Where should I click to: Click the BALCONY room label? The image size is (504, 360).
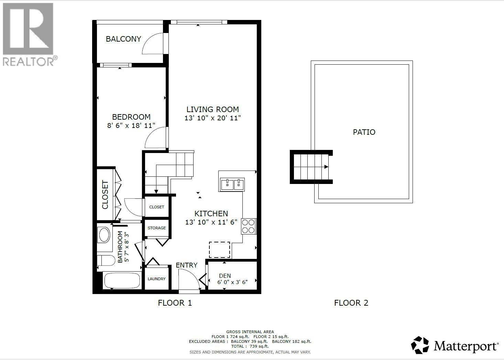[x=123, y=39]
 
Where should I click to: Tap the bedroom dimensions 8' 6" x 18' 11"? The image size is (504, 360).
[x=131, y=126]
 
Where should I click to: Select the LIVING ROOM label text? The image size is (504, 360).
[x=212, y=109]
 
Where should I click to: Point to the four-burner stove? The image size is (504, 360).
[x=248, y=226]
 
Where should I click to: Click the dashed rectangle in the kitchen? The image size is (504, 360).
[x=219, y=250]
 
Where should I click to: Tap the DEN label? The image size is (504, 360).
[x=225, y=276]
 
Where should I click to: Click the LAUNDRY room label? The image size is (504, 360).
[x=156, y=279]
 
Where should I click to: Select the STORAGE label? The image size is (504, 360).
[x=157, y=228]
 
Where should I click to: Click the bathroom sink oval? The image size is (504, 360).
[x=104, y=235]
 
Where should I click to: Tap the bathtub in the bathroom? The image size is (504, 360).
[x=122, y=281]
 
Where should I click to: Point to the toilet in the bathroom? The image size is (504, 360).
[x=107, y=260]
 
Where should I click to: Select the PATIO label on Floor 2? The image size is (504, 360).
[x=364, y=132]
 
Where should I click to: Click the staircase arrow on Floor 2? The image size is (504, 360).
[x=326, y=167]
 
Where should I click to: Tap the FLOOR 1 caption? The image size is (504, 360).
[x=175, y=303]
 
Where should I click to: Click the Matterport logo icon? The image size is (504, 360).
[x=420, y=345]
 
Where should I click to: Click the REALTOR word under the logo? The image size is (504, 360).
[x=28, y=62]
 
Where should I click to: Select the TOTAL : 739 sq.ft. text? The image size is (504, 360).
[x=250, y=346]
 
